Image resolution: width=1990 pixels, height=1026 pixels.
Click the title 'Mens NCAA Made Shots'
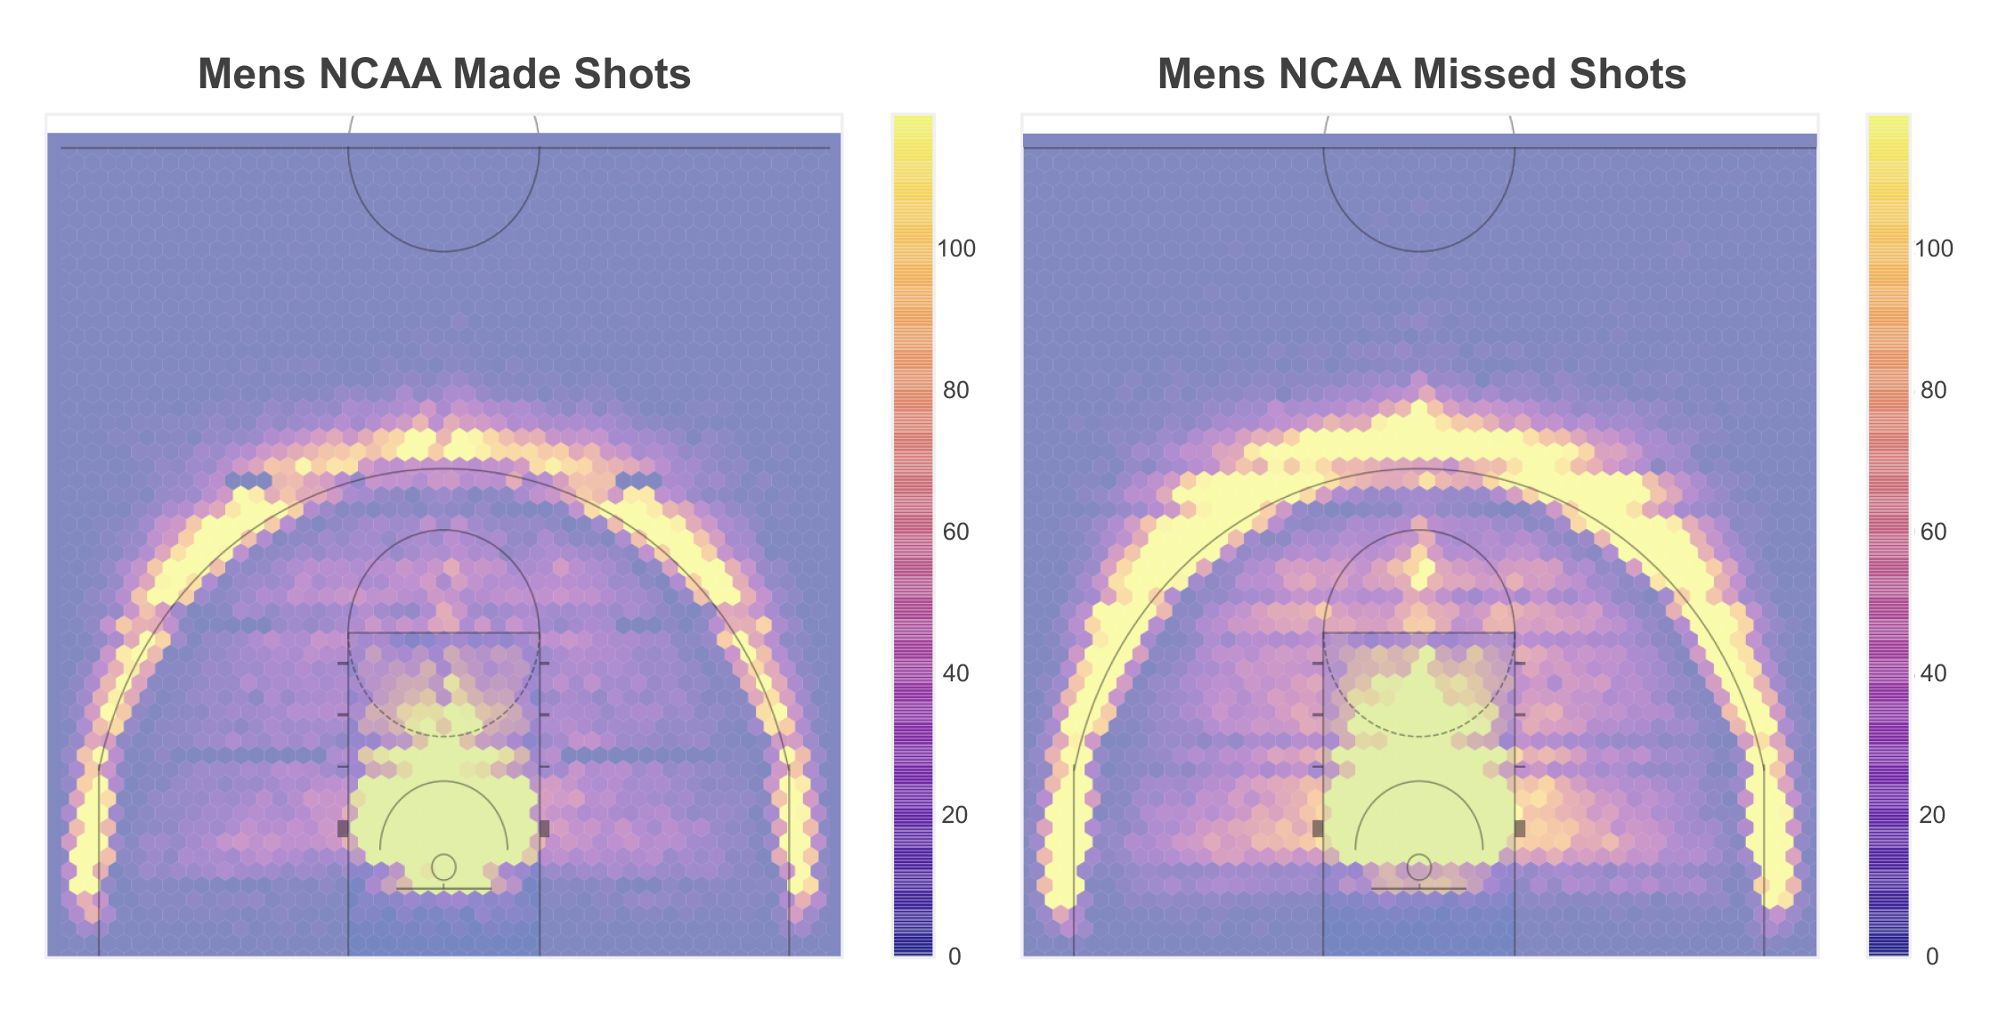(x=443, y=74)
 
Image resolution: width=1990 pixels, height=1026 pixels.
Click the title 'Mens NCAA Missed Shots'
(x=1421, y=74)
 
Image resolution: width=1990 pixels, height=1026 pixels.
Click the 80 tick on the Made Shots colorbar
(x=955, y=391)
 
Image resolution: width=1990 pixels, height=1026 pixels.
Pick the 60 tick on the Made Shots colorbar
(x=955, y=533)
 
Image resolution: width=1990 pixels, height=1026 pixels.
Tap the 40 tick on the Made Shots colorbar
(x=955, y=674)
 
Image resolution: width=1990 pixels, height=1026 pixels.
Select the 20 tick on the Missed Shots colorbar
(x=1932, y=816)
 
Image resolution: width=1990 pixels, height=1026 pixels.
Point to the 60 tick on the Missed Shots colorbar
(x=1932, y=533)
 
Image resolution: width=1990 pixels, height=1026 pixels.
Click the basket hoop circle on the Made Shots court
(x=443, y=867)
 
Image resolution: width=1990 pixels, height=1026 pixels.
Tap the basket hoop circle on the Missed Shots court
(x=1419, y=867)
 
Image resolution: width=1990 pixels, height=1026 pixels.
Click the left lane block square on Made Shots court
(x=343, y=828)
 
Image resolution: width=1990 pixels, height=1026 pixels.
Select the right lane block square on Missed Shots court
(x=1520, y=828)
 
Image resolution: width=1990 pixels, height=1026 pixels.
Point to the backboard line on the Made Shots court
(x=443, y=889)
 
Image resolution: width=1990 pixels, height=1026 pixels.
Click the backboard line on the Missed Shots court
(x=1419, y=889)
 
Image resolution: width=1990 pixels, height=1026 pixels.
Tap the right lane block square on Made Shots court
(x=544, y=828)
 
